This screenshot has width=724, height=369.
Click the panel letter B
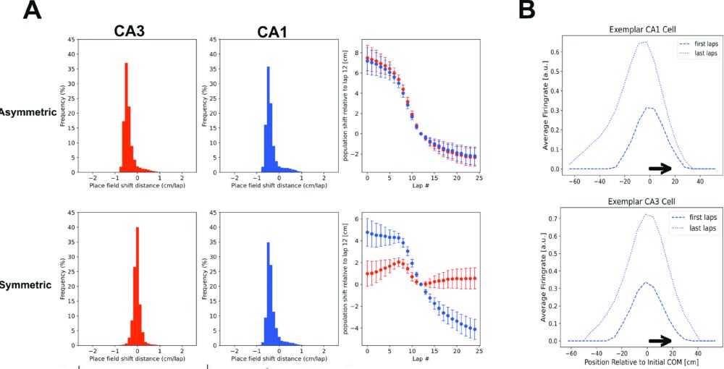click(527, 10)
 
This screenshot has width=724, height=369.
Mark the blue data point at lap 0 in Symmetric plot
click(368, 233)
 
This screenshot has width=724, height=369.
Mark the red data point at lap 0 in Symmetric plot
click(368, 273)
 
